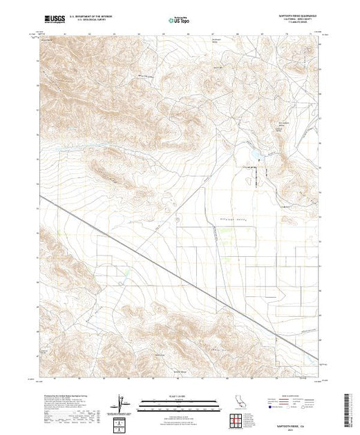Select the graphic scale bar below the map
[x=179, y=403]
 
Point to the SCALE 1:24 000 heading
[x=179, y=396]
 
